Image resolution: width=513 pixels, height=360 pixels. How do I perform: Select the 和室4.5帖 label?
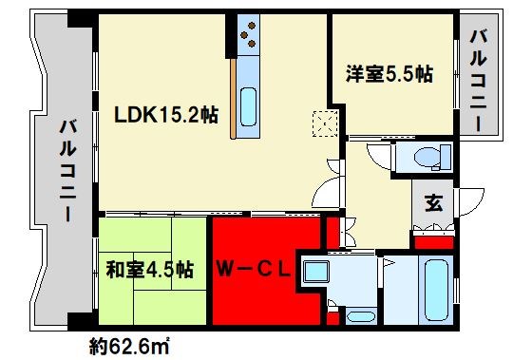pos(149,270)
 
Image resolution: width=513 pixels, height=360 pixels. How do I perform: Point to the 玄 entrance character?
pos(433,202)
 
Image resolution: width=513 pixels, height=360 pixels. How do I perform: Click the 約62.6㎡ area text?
pos(130,345)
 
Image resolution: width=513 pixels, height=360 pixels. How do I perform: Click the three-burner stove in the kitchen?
pos(248,35)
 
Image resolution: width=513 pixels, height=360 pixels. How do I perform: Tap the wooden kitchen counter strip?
pos(231,99)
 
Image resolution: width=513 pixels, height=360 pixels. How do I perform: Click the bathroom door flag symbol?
pos(389,260)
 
